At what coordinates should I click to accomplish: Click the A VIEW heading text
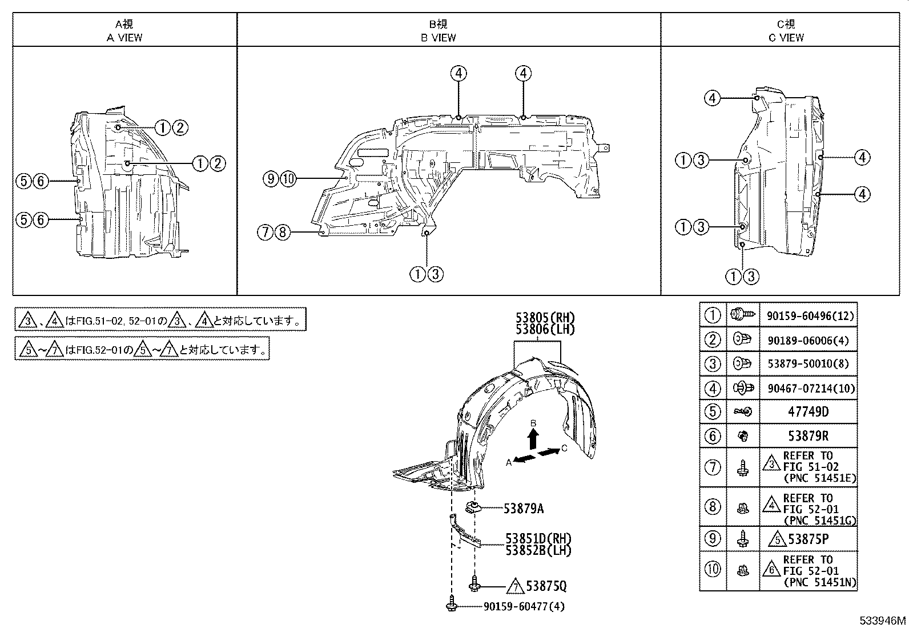pyautogui.click(x=124, y=38)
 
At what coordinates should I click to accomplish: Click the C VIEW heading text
pyautogui.click(x=786, y=38)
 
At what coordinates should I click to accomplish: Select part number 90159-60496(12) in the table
pyautogui.click(x=807, y=315)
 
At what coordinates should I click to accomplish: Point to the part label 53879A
pyautogui.click(x=524, y=508)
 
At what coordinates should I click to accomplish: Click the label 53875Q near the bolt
pyautogui.click(x=547, y=586)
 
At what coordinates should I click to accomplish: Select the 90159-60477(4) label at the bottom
pyautogui.click(x=524, y=607)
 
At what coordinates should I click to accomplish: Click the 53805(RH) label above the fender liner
pyautogui.click(x=538, y=318)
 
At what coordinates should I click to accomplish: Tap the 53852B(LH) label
pyautogui.click(x=538, y=550)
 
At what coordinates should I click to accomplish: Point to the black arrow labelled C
pyautogui.click(x=548, y=452)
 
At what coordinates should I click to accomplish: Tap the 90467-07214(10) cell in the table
pyautogui.click(x=807, y=389)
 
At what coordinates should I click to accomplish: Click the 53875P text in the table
pyautogui.click(x=813, y=538)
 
